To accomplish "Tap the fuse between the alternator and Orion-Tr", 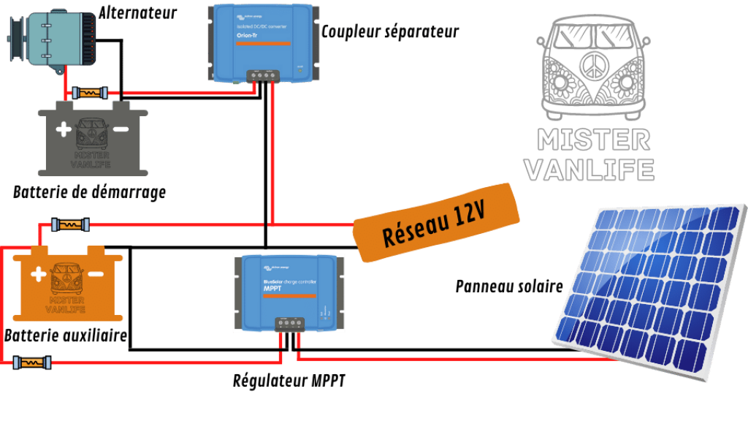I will coord(91,93).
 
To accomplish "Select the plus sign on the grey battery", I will coord(64,130).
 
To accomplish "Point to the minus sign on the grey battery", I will coord(121,129).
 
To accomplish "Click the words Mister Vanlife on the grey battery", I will coord(92,160).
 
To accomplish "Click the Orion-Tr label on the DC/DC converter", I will coord(245,36).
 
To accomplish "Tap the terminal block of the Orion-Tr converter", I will coord(263,75).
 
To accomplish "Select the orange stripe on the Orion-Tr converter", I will coord(263,44).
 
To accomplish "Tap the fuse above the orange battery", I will coord(70,224).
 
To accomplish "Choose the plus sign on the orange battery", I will coord(38,275).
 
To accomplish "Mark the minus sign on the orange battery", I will coord(95,275).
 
